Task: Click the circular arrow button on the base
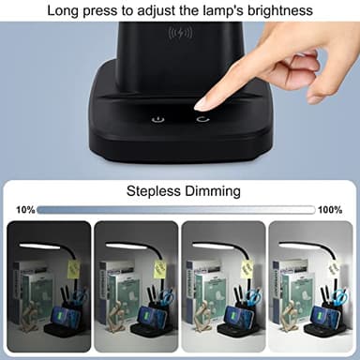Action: coord(202,119)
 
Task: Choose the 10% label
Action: coord(25,209)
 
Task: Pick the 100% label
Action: coord(330,209)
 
